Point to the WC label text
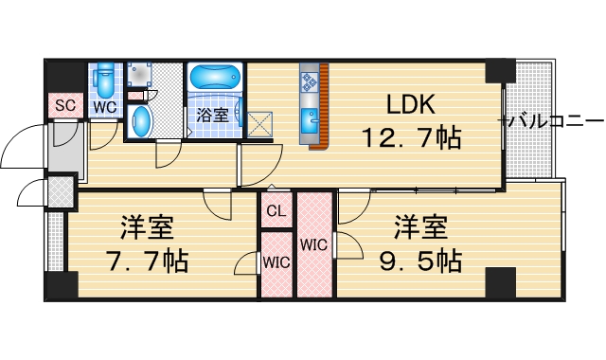click(104, 107)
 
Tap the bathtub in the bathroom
click(216, 76)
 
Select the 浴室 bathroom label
click(211, 116)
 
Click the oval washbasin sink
click(140, 121)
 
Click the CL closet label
click(276, 211)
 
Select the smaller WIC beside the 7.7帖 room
click(276, 261)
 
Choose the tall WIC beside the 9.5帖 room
click(313, 244)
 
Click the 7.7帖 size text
click(154, 258)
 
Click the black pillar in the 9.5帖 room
click(500, 282)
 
